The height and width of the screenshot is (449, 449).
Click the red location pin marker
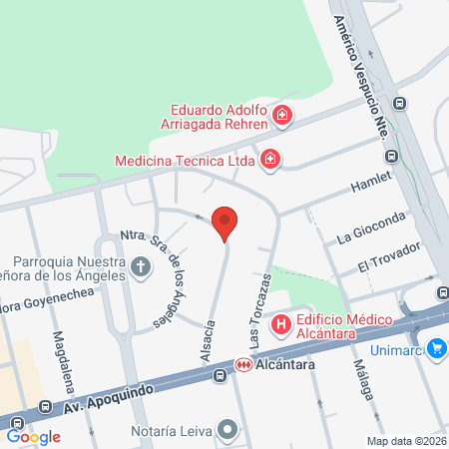225,223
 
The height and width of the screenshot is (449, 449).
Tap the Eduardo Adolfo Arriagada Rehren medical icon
283,116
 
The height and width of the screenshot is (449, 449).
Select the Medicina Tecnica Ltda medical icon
269,159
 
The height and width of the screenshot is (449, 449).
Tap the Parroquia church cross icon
141,266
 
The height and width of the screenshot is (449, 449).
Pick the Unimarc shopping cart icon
435,348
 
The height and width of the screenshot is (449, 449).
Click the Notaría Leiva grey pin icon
228,431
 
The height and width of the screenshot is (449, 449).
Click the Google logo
34,436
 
